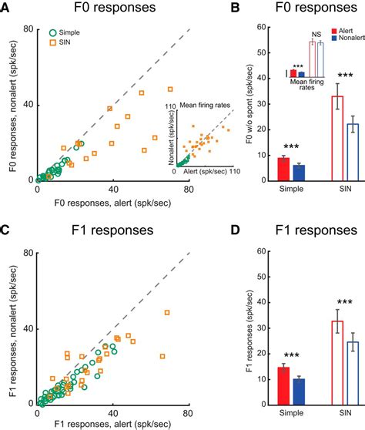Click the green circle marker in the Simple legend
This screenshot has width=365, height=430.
[x=52, y=35]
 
